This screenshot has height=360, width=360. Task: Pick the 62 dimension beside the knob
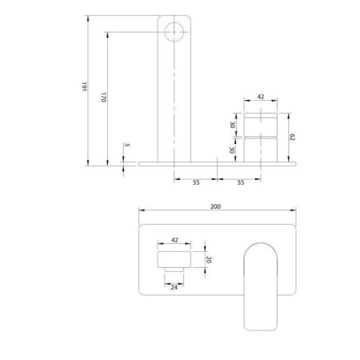(x=294, y=138)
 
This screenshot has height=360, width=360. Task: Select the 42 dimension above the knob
(x=261, y=97)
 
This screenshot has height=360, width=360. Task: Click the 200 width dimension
(x=215, y=206)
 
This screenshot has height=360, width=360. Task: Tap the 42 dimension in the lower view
(x=175, y=238)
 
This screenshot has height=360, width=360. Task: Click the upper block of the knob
(x=261, y=125)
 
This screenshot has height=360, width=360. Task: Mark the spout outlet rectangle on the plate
(x=175, y=259)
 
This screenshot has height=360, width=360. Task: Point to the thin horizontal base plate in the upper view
(x=216, y=163)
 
